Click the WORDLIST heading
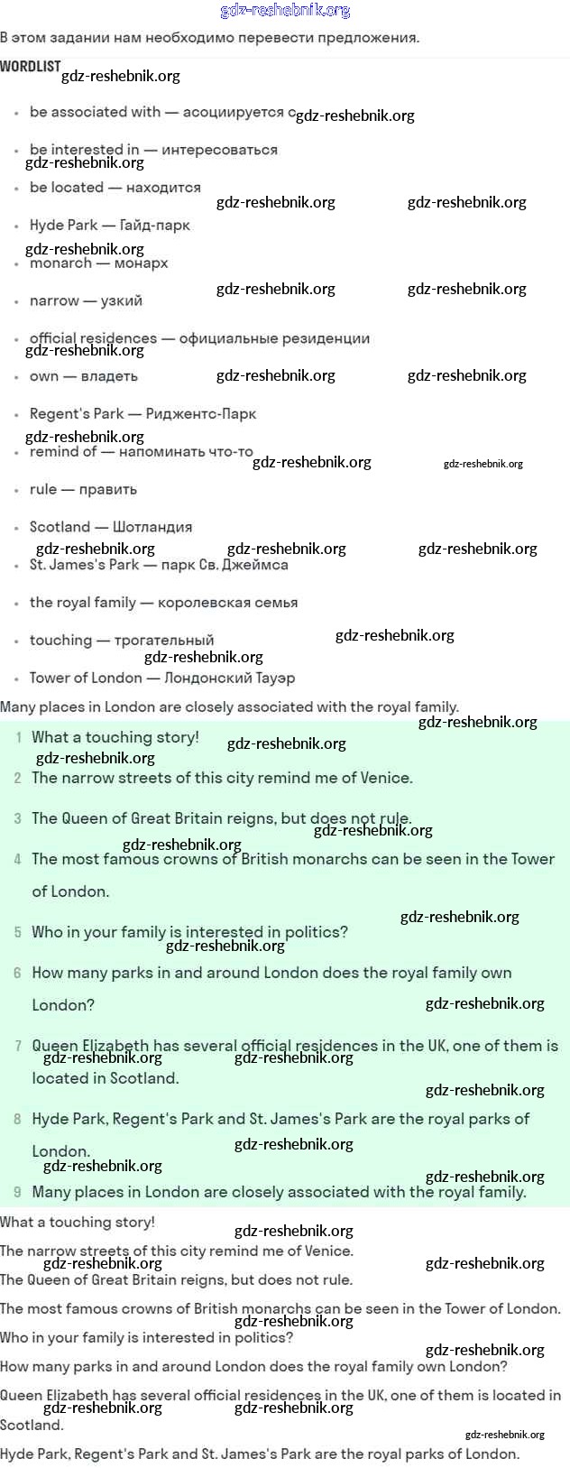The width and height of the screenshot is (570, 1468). click(x=30, y=66)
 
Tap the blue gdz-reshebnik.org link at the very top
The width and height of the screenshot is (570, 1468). click(x=285, y=11)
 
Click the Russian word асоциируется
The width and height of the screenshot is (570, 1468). click(x=234, y=112)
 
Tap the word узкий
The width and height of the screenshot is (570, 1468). click(x=121, y=300)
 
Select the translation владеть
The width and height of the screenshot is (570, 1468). click(x=109, y=376)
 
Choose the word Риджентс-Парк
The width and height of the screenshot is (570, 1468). click(x=201, y=414)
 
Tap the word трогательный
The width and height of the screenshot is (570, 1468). click(x=163, y=641)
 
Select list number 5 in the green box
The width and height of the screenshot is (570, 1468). click(x=17, y=932)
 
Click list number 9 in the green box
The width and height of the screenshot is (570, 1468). click(x=17, y=1192)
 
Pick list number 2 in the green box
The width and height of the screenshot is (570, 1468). click(x=17, y=778)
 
